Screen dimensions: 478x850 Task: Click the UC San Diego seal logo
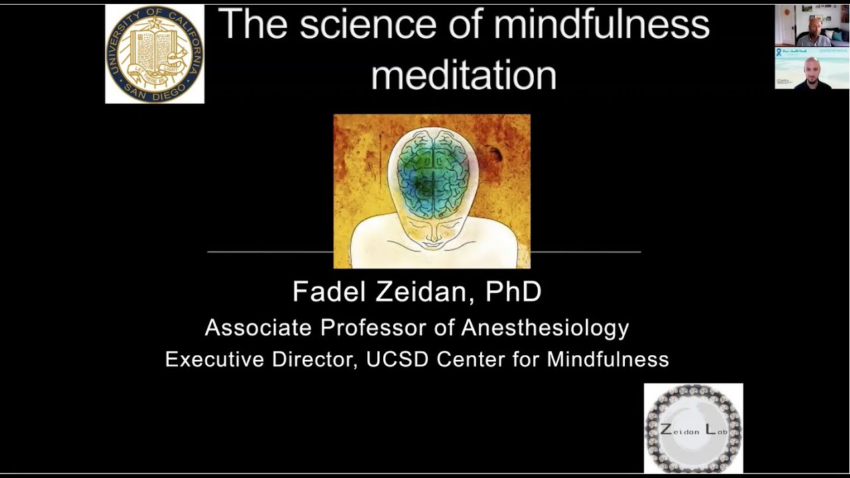click(x=155, y=54)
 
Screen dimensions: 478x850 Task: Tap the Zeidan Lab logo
click(x=693, y=428)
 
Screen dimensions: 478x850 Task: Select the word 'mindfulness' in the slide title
click(x=601, y=25)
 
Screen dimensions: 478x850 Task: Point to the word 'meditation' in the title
click(x=464, y=76)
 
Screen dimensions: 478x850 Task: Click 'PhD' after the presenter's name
click(x=513, y=292)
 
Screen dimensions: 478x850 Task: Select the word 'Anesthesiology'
click(x=545, y=327)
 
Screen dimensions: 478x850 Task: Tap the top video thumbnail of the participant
click(x=811, y=26)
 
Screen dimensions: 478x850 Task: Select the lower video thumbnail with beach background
click(x=811, y=68)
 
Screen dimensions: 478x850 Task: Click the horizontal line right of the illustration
click(x=585, y=252)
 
